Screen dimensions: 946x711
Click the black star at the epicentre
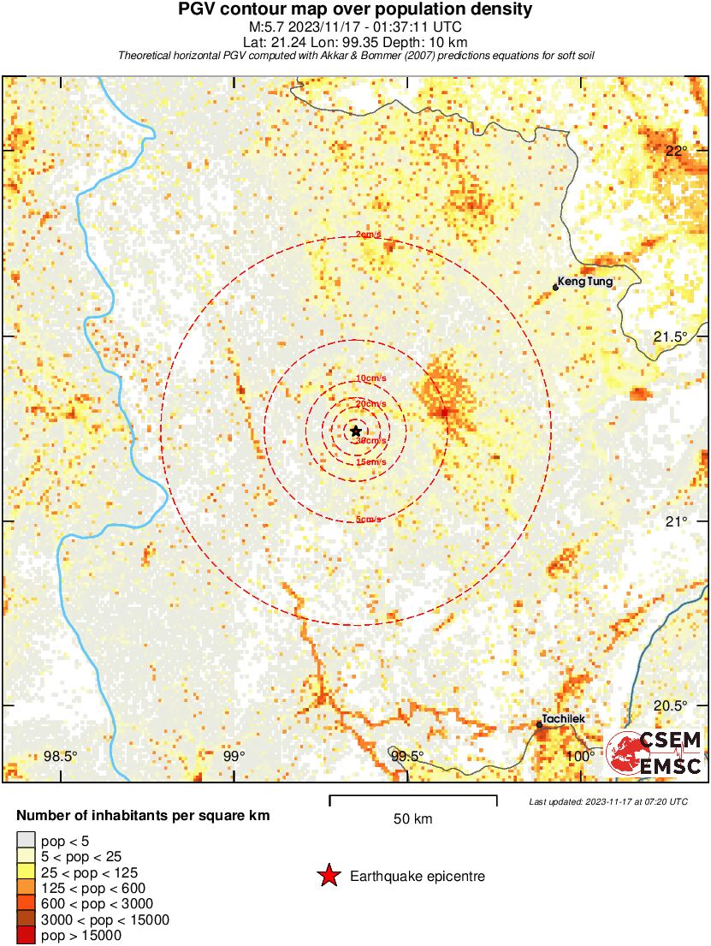(356, 430)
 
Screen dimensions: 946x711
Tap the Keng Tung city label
(585, 280)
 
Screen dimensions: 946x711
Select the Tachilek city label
(564, 719)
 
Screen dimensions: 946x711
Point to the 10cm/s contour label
(370, 378)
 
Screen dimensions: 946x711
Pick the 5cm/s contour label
(369, 519)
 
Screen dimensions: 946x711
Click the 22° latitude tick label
(677, 151)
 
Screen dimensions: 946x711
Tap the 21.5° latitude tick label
(671, 336)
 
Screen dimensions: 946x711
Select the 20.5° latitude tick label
(671, 705)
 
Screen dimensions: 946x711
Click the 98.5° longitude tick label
(61, 756)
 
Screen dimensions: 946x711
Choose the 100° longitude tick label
(580, 756)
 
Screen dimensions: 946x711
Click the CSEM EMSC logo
(655, 753)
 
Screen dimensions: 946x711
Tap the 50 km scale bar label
(413, 818)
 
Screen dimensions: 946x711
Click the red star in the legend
(328, 876)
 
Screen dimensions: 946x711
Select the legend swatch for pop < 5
(26, 842)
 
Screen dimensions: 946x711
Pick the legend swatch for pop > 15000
(26, 935)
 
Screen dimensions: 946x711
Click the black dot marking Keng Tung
(555, 287)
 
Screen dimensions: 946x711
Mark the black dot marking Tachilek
(539, 725)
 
